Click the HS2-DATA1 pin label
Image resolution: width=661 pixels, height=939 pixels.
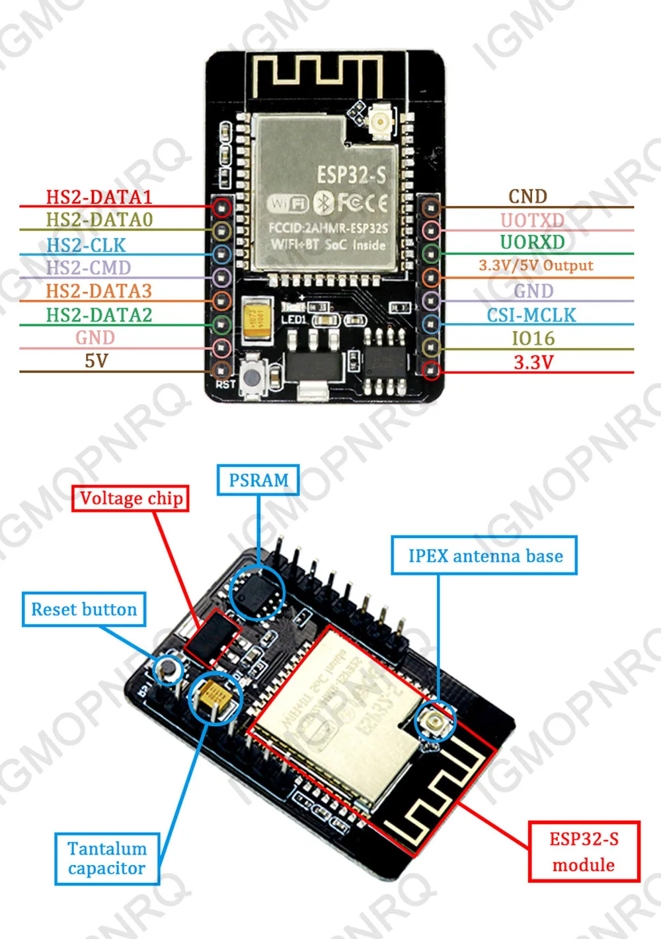tap(99, 197)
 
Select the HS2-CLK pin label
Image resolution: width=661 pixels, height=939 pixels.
tap(86, 245)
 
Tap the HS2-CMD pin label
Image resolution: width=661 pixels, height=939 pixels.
tap(89, 267)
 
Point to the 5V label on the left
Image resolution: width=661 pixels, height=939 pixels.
tap(96, 361)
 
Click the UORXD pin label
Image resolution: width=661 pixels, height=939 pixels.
tap(532, 242)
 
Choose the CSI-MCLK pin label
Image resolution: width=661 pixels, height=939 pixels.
tap(531, 315)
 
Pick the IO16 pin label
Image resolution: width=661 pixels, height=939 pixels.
tap(533, 338)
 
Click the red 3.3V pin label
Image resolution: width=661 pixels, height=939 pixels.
tap(533, 362)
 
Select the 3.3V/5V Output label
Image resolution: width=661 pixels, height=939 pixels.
tap(535, 265)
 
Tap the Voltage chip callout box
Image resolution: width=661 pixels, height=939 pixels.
tap(131, 499)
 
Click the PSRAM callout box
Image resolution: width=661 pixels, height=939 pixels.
tap(258, 480)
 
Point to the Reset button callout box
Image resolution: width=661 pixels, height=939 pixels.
tap(84, 609)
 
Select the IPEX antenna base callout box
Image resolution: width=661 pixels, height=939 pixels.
tap(485, 556)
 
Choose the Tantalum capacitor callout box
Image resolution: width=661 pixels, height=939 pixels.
tap(107, 858)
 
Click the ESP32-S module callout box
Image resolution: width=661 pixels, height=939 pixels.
tap(584, 852)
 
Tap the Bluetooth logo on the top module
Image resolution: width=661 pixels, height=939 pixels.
tap(323, 202)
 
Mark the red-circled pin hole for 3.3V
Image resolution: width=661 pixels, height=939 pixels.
tap(430, 370)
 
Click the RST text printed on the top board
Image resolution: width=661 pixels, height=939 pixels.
tap(225, 384)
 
